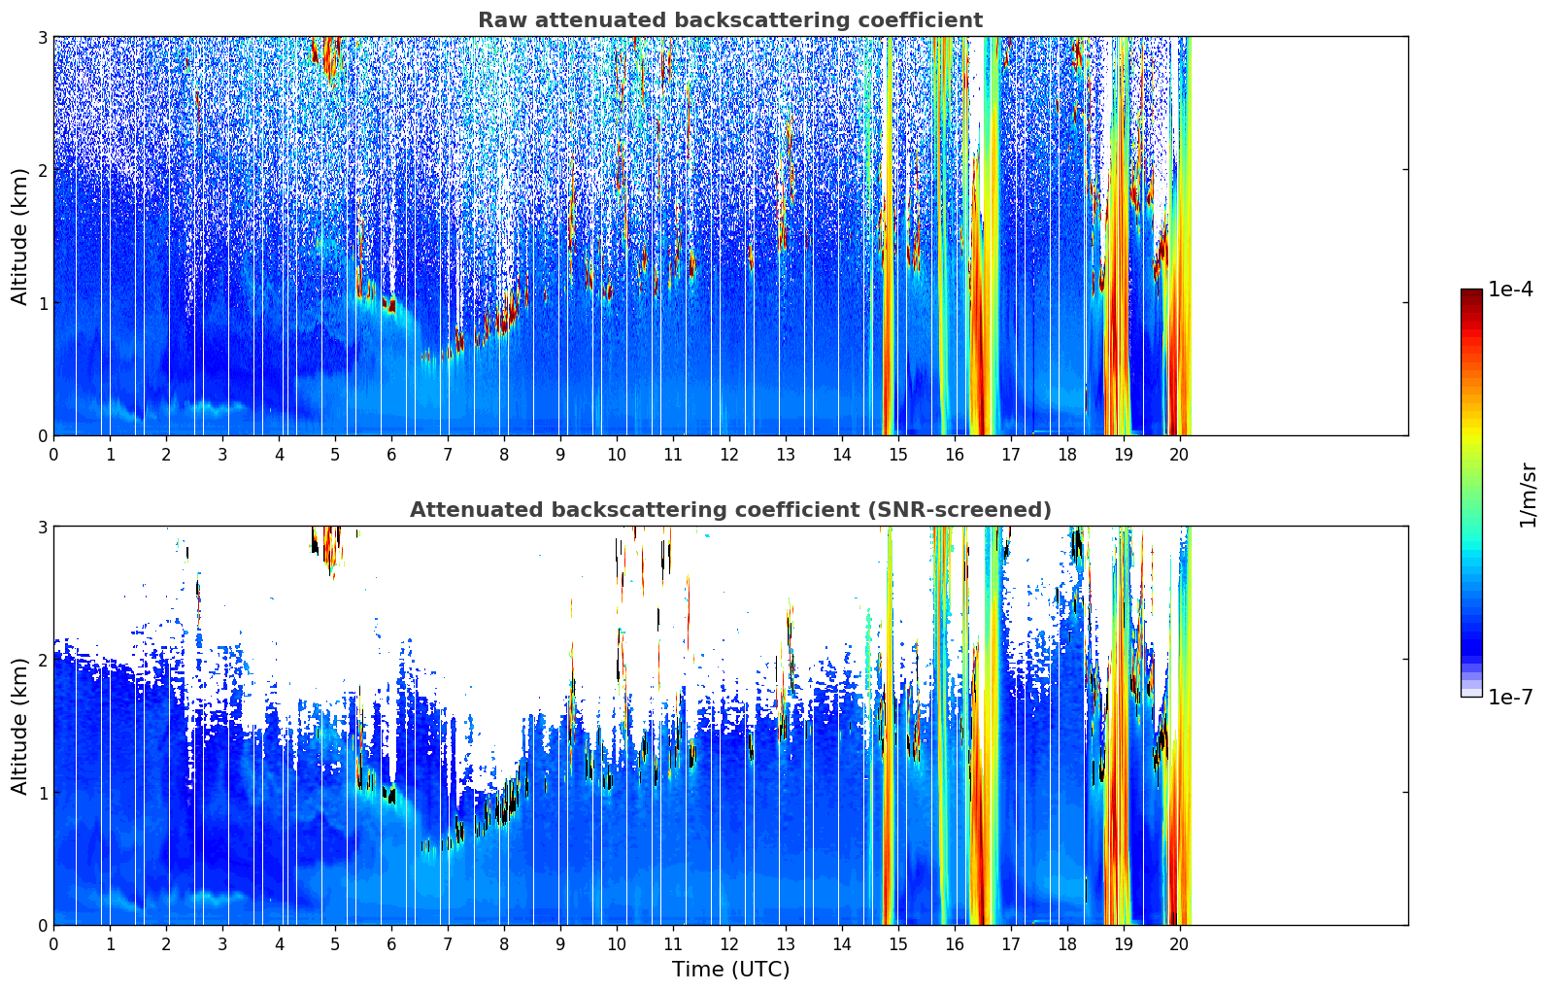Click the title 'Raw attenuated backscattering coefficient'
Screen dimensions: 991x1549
tap(729, 20)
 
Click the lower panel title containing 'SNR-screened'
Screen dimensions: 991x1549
tap(729, 510)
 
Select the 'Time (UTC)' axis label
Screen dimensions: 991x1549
tap(730, 969)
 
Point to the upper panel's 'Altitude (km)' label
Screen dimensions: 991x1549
tap(20, 236)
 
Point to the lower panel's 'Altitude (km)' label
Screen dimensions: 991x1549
tap(20, 726)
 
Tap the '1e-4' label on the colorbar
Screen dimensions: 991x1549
tap(1510, 290)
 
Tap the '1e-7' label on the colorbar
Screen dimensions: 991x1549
tap(1510, 697)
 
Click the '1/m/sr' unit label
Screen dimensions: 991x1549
tap(1528, 495)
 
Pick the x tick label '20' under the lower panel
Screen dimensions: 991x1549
tap(1179, 944)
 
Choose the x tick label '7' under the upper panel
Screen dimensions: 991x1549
tap(448, 455)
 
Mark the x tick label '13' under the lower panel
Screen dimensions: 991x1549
tap(785, 944)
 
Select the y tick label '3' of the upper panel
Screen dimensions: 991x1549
tap(43, 37)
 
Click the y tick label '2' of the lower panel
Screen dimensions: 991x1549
tap(43, 660)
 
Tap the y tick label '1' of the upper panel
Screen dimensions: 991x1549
tap(43, 303)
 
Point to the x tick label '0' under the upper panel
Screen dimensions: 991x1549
tap(53, 455)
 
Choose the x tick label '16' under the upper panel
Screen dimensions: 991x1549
tap(954, 455)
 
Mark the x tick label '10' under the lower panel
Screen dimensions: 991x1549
tap(616, 944)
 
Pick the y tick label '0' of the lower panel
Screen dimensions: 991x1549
tap(43, 925)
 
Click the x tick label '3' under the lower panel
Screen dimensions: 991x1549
tap(222, 944)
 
